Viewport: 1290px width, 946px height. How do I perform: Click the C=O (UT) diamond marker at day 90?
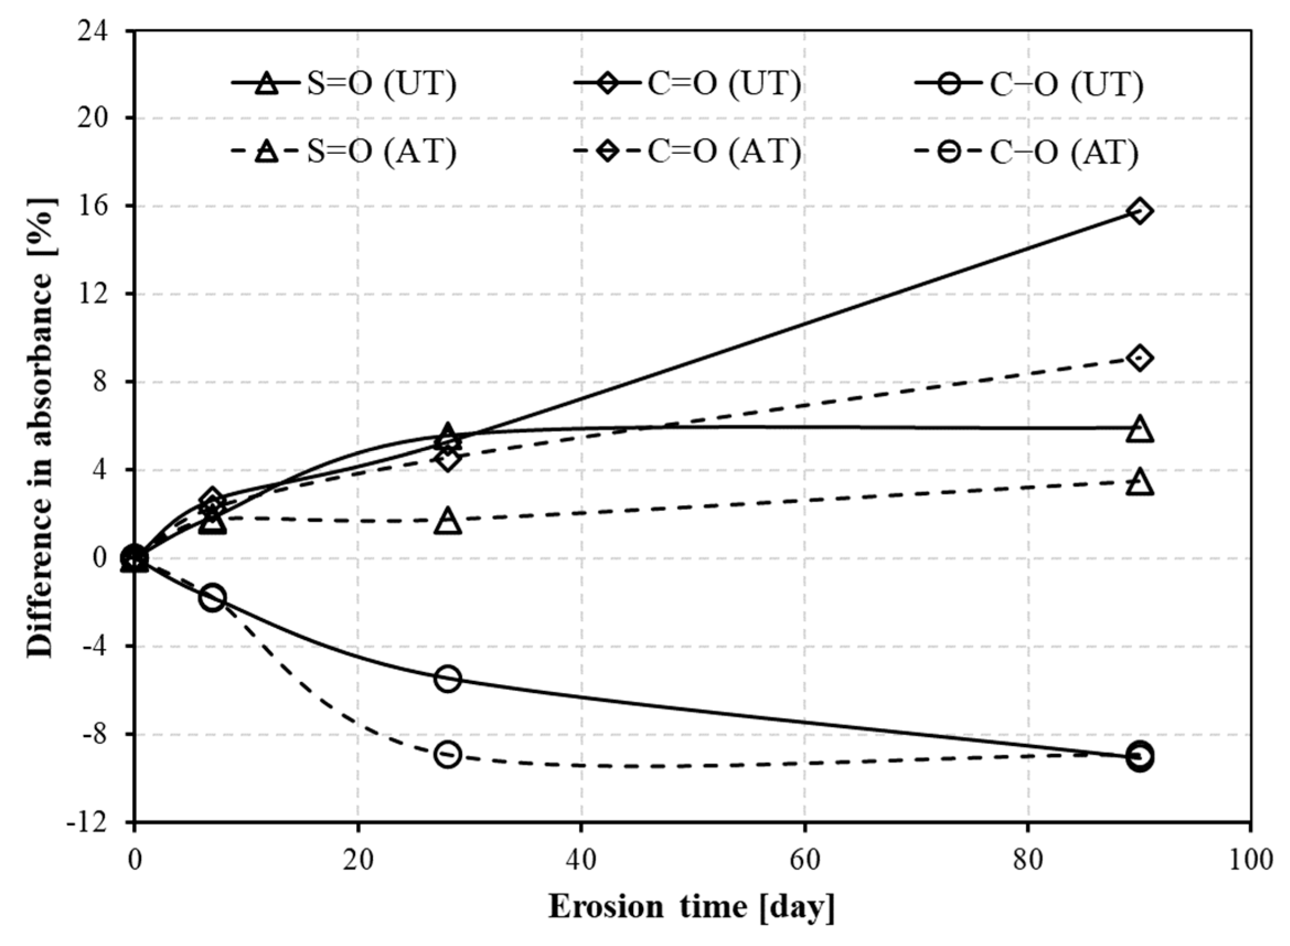point(1139,211)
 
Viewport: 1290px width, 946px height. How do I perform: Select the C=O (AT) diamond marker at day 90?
point(1139,358)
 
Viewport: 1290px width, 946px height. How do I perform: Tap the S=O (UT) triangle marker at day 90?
point(1139,430)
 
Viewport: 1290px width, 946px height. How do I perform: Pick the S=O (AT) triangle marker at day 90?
point(1139,483)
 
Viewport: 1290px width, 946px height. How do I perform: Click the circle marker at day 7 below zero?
point(212,598)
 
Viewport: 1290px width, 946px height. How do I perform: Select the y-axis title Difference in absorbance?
point(41,427)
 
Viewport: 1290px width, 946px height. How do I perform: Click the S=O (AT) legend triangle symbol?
point(266,152)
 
